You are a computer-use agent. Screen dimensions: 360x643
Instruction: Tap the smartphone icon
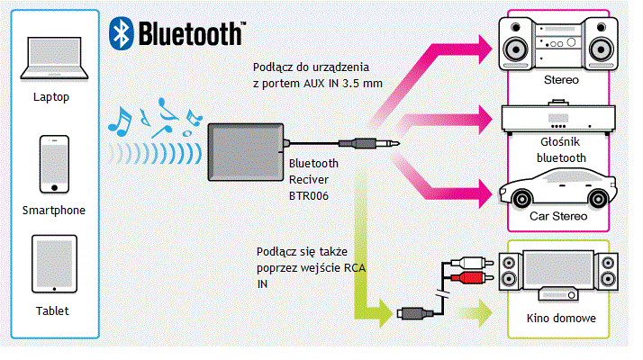point(53,164)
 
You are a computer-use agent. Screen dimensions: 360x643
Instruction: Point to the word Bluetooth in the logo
point(189,33)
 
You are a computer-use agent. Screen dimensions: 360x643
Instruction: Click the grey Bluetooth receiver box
point(245,152)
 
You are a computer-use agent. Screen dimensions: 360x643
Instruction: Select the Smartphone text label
point(53,210)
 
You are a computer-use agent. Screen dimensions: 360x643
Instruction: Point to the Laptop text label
point(51,96)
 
